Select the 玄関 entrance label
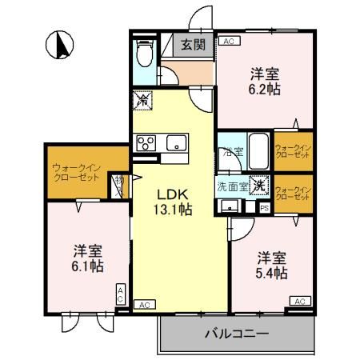(x=192, y=46)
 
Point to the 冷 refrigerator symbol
(x=142, y=102)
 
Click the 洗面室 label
(x=231, y=186)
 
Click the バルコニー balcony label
(x=235, y=332)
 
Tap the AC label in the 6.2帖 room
(x=229, y=41)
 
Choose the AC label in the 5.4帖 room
(x=298, y=301)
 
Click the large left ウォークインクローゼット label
(x=76, y=172)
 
